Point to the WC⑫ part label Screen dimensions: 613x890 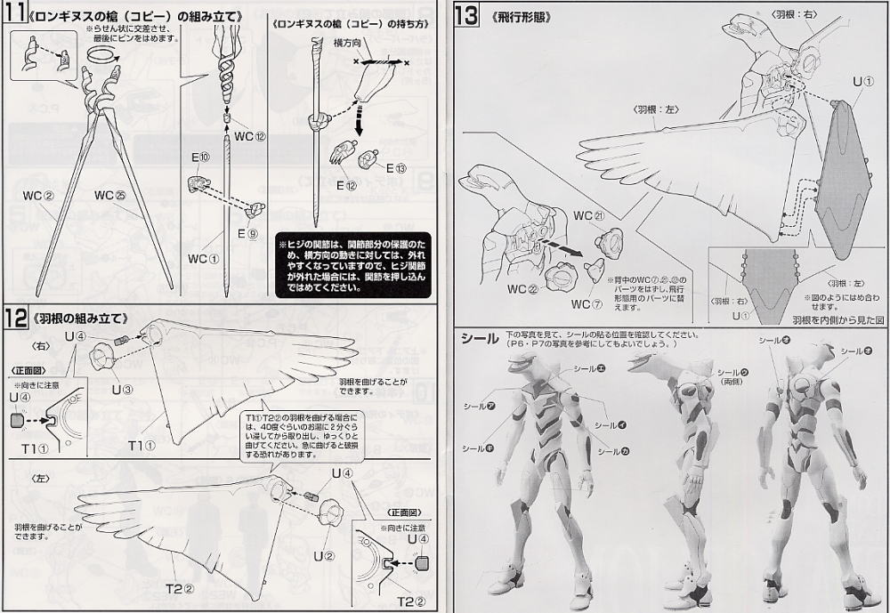pyautogui.click(x=250, y=136)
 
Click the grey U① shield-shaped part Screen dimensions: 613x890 pyautogui.click(x=845, y=178)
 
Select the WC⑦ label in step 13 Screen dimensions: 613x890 pyautogui.click(x=579, y=303)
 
